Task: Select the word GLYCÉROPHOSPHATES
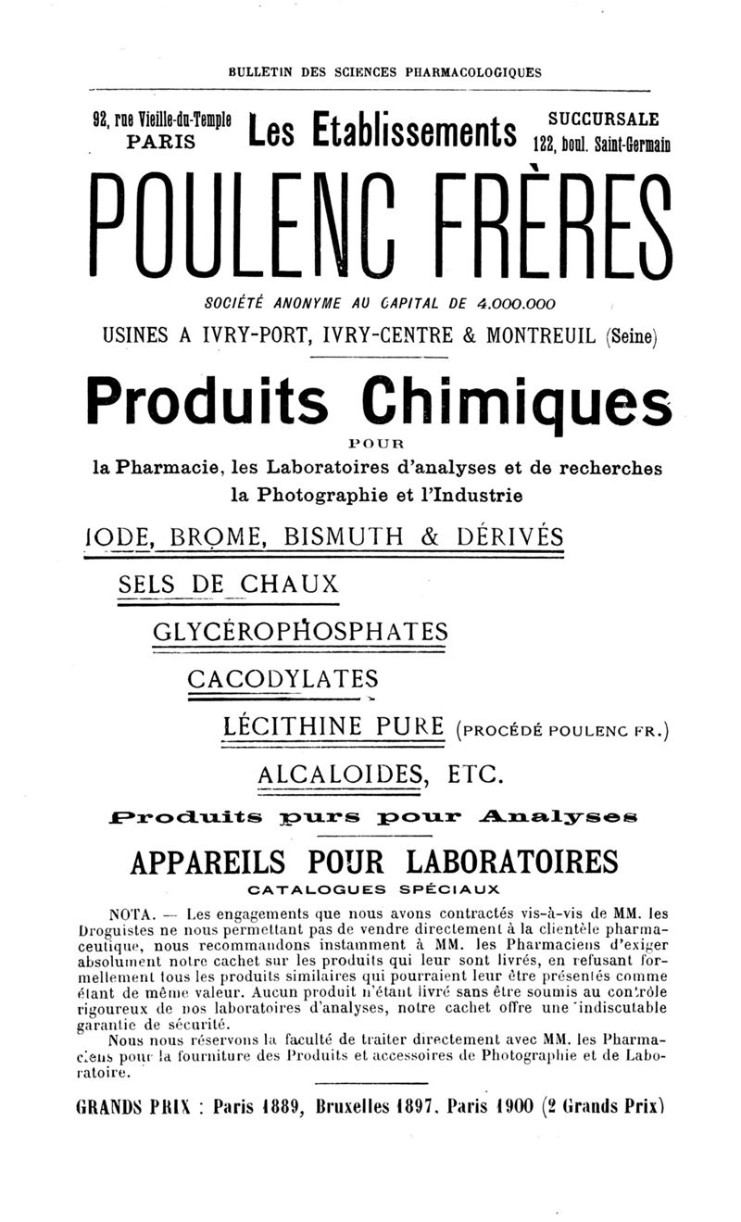coord(299,632)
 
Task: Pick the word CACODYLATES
coord(283,678)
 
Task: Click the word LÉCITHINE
coord(295,725)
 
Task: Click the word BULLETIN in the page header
coord(262,71)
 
